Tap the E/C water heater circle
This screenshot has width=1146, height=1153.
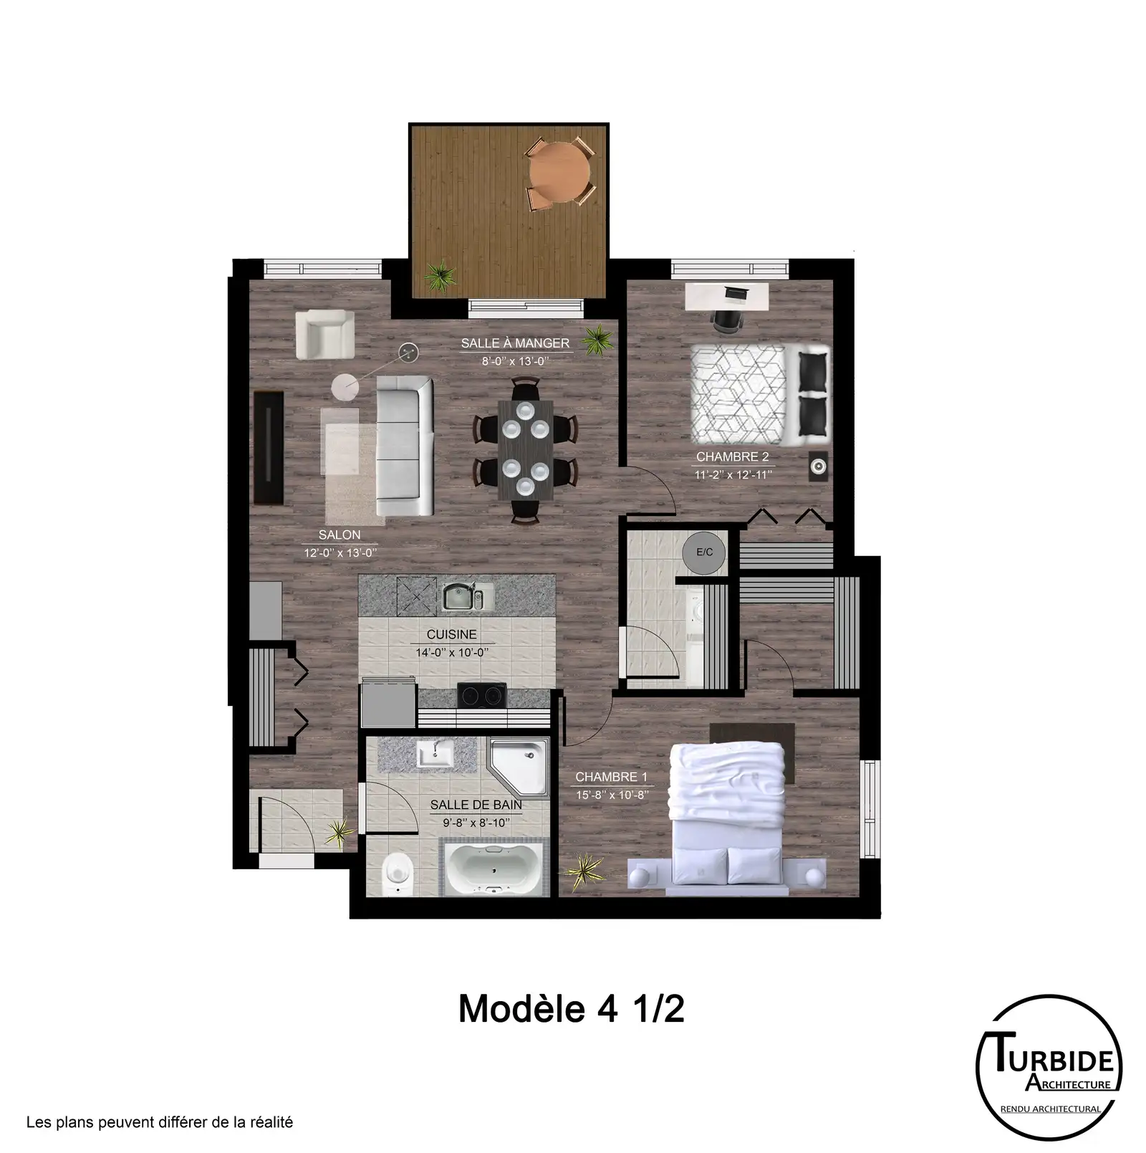704,552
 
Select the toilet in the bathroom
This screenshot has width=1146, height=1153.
395,874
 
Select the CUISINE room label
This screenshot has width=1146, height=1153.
451,634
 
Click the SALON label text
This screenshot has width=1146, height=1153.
340,535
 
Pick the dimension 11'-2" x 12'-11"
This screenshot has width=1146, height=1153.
733,474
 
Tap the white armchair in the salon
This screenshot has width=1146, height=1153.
325,334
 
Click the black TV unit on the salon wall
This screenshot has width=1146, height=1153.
270,447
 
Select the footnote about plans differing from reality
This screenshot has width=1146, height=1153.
160,1122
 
